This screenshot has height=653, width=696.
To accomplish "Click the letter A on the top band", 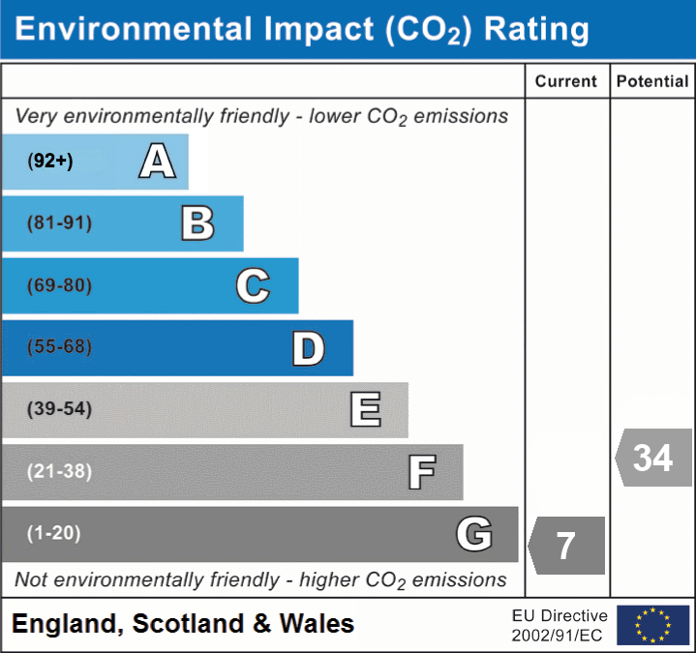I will (157, 162).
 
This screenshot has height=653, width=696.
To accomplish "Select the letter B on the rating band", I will (197, 223).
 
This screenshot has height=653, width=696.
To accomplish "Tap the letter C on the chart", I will (253, 286).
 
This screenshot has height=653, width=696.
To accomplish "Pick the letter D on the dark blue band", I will (308, 348).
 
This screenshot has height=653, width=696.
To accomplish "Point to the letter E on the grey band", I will (365, 410).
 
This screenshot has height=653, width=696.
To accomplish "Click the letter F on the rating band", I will (421, 472).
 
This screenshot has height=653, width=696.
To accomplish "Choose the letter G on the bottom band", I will (474, 534).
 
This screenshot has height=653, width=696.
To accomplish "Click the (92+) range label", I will (50, 162).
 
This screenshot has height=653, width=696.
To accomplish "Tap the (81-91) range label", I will (60, 223).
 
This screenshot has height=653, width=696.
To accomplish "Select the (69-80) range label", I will (60, 286).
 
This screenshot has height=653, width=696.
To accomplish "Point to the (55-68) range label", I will (60, 347).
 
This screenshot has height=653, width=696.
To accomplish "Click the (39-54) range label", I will (60, 409).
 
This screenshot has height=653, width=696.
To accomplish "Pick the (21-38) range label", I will (60, 471).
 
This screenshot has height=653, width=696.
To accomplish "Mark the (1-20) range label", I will (54, 533).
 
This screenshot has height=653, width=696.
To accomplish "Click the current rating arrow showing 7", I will (566, 546).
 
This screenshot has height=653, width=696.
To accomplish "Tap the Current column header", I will (566, 82).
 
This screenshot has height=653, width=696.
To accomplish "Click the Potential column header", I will (652, 82).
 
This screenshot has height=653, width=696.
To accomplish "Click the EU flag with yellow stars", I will (653, 625).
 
